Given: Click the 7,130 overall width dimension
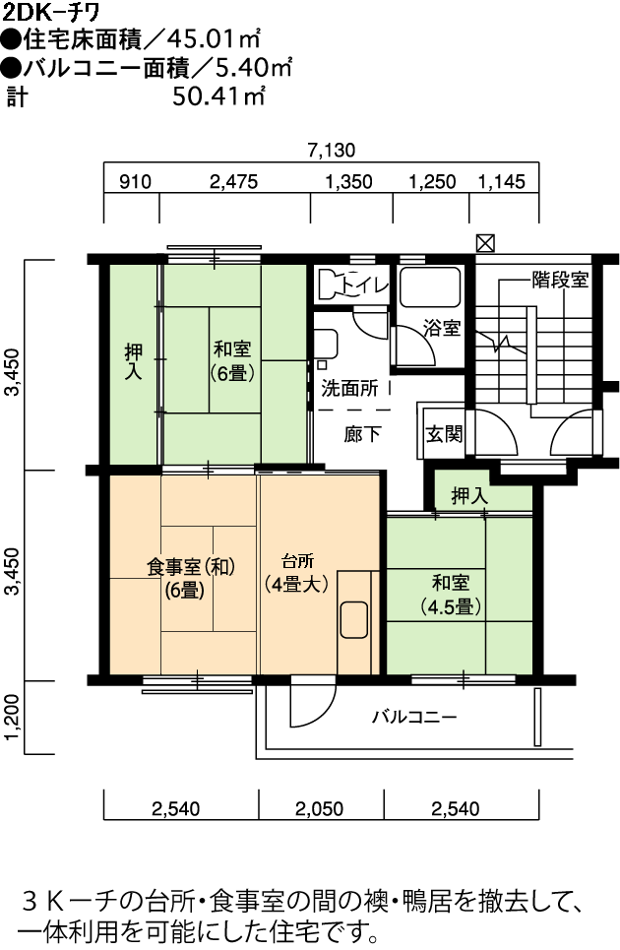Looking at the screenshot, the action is click(332, 151).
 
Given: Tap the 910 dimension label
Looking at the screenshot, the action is click(135, 182).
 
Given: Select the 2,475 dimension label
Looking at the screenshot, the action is click(233, 182).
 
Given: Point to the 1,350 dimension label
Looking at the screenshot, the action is click(348, 182).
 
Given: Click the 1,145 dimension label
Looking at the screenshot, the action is click(502, 182).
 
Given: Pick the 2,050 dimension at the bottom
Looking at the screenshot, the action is click(319, 809).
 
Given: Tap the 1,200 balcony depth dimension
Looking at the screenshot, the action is click(14, 718).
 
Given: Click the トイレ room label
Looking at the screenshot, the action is click(364, 285).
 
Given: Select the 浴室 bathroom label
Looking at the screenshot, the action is click(442, 329).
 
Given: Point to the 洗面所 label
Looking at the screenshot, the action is click(349, 388).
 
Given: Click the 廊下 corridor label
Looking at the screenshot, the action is click(362, 434).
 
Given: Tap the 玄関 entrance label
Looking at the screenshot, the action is click(444, 434).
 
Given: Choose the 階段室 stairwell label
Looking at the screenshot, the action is click(560, 280).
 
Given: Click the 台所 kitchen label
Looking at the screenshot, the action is click(298, 560).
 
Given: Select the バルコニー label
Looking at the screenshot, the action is click(414, 718).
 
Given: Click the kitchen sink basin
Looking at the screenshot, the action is click(354, 619).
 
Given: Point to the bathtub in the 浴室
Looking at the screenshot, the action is click(429, 286).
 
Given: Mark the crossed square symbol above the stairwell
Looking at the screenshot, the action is click(485, 243).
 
